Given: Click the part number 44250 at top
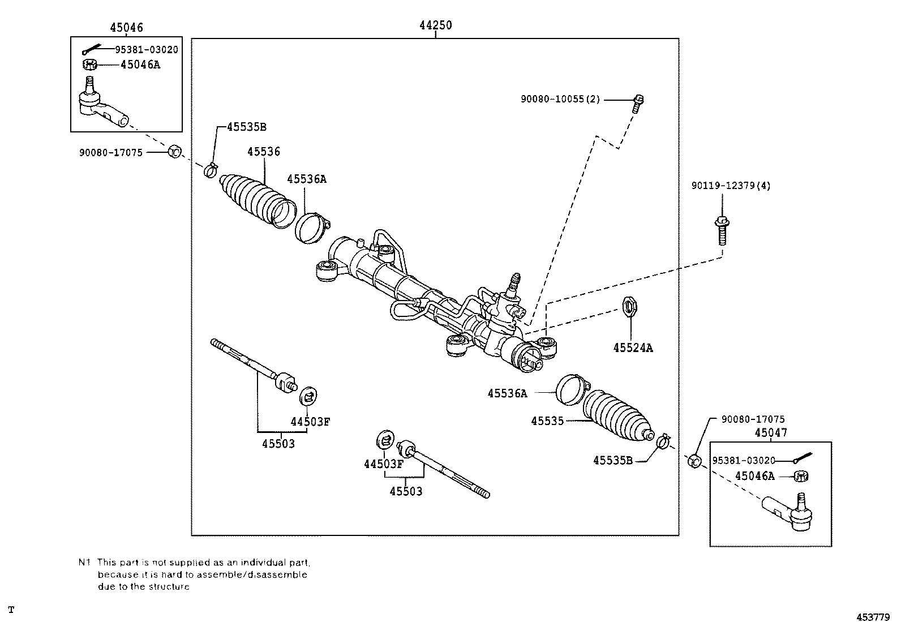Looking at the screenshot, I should [435, 25].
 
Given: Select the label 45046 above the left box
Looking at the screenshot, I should [126, 27].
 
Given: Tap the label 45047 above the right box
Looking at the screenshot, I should [770, 433].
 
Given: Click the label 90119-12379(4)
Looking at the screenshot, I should [731, 186].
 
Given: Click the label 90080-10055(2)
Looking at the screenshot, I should [560, 99].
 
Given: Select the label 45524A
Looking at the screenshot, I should [633, 348].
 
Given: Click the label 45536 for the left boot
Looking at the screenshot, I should [264, 152].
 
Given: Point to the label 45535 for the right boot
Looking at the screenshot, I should [547, 421].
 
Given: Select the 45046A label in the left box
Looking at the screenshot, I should [140, 65].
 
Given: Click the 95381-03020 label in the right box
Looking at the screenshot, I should [744, 461].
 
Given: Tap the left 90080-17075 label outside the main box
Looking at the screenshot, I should [111, 152].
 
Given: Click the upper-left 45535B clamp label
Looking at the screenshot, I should [246, 127].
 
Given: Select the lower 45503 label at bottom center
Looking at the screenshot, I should [406, 491].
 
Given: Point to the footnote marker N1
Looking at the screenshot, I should [84, 563].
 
